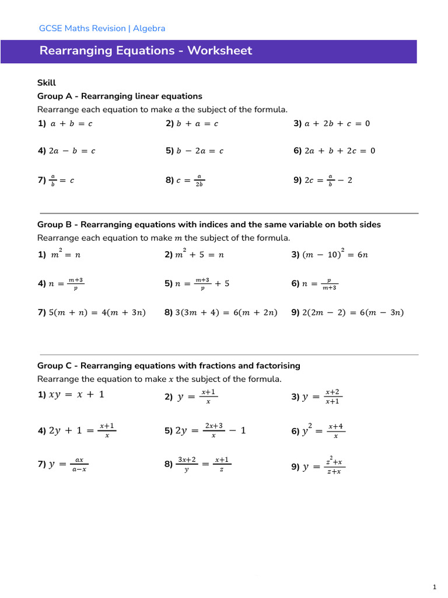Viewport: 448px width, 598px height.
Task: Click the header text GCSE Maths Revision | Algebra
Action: [x=102, y=28]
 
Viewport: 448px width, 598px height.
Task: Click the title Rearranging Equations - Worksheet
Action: [x=146, y=51]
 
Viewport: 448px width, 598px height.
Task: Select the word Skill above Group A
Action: [x=47, y=83]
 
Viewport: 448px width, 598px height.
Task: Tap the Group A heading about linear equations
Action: [x=120, y=96]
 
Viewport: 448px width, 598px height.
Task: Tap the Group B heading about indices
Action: [x=209, y=224]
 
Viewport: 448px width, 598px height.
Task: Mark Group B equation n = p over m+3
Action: [x=321, y=284]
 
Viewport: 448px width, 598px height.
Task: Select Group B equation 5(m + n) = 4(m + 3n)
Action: [x=97, y=312]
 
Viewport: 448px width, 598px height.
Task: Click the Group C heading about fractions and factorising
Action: [x=169, y=366]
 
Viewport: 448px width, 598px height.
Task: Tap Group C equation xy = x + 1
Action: [x=76, y=395]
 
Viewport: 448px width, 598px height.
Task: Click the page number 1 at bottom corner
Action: [x=435, y=586]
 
